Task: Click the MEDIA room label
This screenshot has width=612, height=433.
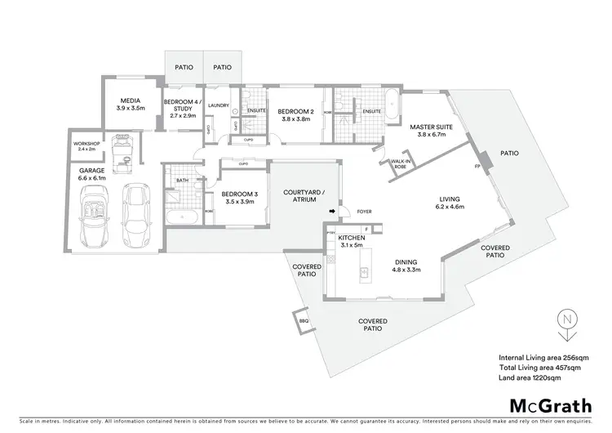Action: (x=131, y=104)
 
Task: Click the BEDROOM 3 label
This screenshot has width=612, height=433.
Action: (x=239, y=197)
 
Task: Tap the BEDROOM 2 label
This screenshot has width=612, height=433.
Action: (x=294, y=114)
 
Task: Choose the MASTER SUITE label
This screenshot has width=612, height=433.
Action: (x=427, y=131)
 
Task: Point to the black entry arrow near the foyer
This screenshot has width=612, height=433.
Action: (x=332, y=212)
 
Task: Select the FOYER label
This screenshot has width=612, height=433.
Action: (x=364, y=212)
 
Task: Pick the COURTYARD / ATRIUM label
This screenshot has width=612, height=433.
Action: (x=299, y=197)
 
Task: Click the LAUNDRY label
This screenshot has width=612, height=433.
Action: (x=218, y=105)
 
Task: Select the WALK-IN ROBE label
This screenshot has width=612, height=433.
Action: (x=401, y=163)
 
